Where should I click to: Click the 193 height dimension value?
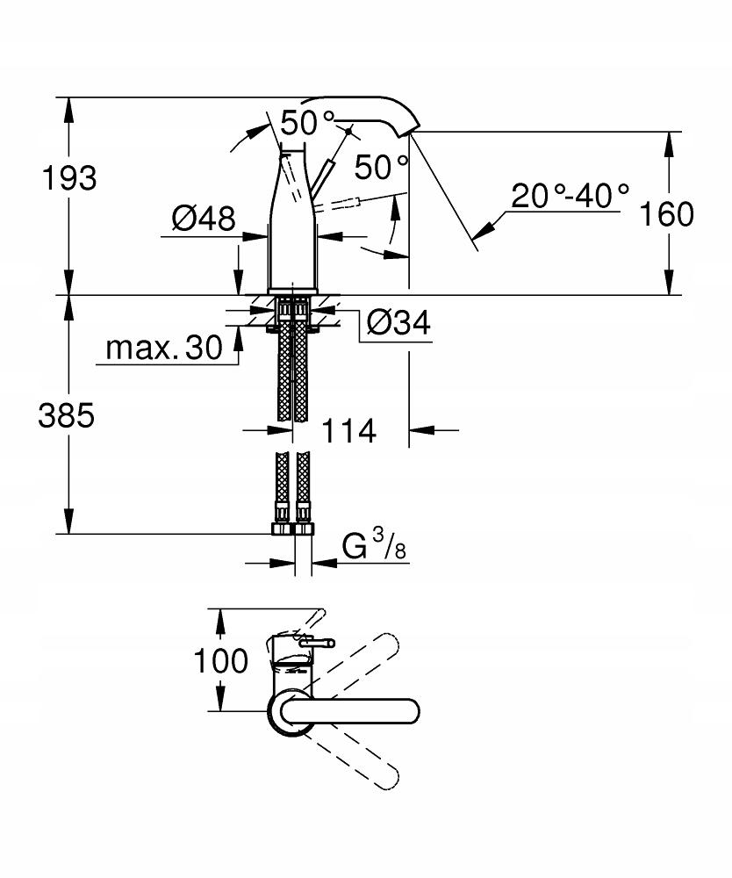click(69, 178)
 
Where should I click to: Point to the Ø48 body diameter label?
click(204, 218)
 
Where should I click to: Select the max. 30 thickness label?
click(165, 349)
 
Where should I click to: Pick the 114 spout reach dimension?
click(348, 431)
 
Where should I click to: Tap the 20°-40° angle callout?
click(571, 195)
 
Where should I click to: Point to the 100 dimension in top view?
click(221, 660)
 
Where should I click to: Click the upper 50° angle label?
click(309, 123)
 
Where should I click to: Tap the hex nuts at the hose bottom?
click(292, 529)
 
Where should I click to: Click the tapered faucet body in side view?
click(292, 228)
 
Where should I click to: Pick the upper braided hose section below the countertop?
click(292, 369)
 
